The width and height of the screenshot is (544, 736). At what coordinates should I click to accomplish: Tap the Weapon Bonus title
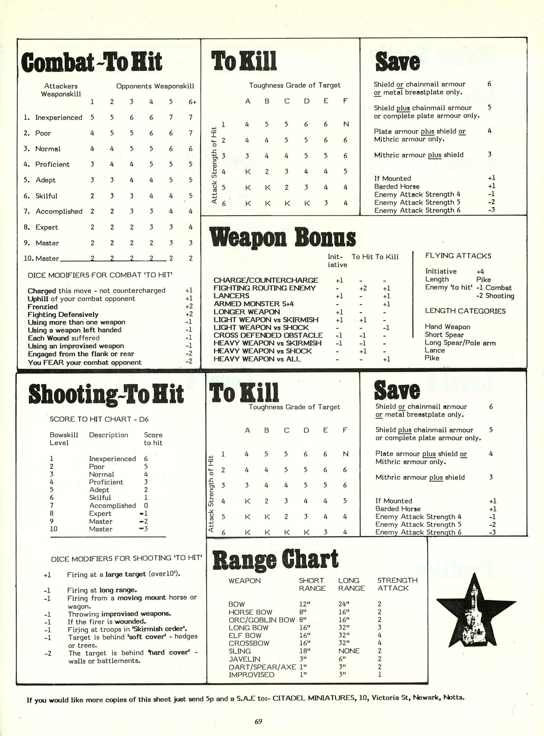pos(282,238)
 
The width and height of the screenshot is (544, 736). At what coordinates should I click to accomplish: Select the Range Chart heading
pos(275,560)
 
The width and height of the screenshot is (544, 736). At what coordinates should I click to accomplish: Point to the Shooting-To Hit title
pos(106,394)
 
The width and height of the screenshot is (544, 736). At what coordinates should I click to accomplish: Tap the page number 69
pos(258,721)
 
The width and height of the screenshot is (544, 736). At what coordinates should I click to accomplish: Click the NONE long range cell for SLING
pos(349,651)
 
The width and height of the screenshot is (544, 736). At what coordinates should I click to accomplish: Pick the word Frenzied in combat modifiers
pos(43,307)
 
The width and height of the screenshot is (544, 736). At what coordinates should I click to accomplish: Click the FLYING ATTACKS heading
pos(458,256)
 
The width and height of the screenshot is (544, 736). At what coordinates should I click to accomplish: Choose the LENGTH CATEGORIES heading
pos(465,311)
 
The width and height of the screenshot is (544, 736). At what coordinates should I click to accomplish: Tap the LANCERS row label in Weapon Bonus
pos(231,296)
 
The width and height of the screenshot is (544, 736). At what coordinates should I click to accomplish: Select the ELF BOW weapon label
pos(245,636)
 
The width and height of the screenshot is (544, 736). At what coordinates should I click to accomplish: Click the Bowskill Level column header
pos(64,438)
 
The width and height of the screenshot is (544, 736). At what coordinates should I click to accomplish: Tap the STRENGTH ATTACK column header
pos(397,584)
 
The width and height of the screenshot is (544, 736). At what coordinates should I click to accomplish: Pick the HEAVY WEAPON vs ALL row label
pos(257,359)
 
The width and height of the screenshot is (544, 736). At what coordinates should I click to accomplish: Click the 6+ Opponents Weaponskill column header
pos(192,102)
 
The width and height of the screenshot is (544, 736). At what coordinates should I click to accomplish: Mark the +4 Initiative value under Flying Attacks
pos(480,272)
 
